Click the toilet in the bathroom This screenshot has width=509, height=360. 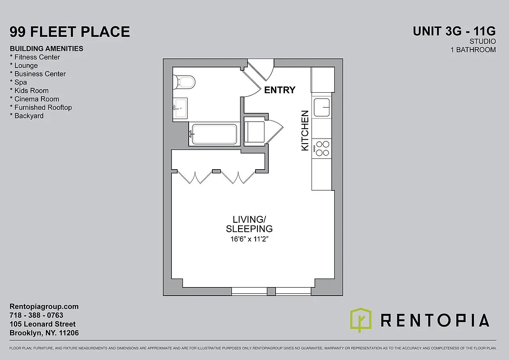pos(185,81)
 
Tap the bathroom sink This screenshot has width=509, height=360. pos(181,108)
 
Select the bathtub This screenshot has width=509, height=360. pos(214,134)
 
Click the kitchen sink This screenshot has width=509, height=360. pos(322,107)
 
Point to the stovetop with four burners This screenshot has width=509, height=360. pos(322,148)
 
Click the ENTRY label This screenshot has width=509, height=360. pos(279,90)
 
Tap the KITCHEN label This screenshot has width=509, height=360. pos(305,130)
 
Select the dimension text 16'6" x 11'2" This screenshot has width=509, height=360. pos(252,238)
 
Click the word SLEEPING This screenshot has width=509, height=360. pos(252,229)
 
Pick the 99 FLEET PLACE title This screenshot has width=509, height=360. pos(70,32)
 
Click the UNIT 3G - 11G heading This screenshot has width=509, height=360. pos(455,31)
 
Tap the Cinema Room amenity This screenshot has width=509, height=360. pos(36,99)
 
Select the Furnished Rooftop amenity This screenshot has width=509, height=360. pos(43,108)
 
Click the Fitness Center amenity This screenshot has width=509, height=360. pos(37,57)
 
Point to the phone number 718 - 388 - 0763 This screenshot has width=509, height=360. pos(36,315)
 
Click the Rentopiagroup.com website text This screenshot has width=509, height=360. pos(44,306)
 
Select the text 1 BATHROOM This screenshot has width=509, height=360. pos(473,49)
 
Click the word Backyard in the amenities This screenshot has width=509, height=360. pos(29,116)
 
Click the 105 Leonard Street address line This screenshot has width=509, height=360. pos(43,324)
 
